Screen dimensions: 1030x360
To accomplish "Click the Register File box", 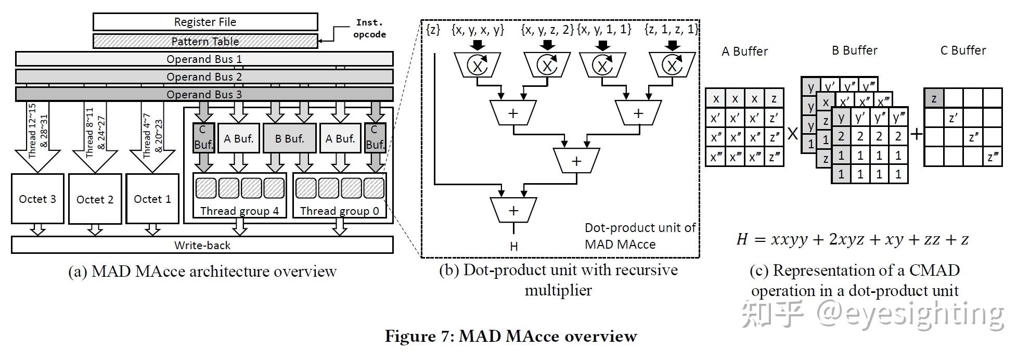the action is [205, 22].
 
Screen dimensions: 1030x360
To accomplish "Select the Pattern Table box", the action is [205, 41].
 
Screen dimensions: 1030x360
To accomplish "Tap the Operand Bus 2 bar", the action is [204, 76].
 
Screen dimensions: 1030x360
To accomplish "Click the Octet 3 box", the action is [37, 199].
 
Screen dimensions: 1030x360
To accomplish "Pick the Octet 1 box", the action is [152, 199].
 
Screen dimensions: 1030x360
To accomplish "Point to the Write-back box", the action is [202, 245].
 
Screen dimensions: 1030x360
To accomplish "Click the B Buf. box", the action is [289, 138].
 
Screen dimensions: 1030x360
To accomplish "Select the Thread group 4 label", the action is [239, 211].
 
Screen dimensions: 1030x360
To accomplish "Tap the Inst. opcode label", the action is [369, 29].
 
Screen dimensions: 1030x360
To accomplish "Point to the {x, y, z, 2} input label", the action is [547, 30].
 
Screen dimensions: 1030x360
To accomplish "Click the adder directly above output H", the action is [513, 210].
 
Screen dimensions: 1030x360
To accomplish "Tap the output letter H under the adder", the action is [514, 246].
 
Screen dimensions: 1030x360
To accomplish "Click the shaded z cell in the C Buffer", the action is [934, 98].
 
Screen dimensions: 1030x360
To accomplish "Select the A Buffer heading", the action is [744, 51].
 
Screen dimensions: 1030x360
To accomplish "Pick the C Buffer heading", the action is [963, 50].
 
